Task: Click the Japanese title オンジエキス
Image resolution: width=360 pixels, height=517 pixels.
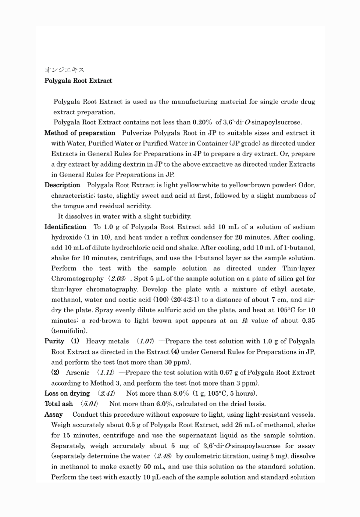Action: click(x=64, y=70)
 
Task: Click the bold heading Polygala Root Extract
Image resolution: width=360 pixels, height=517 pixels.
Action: click(x=78, y=81)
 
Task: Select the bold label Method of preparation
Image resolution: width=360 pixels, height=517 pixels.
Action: click(x=80, y=133)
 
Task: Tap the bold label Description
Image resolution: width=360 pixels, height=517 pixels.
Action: click(x=62, y=185)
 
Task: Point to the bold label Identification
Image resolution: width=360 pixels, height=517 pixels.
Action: click(x=65, y=227)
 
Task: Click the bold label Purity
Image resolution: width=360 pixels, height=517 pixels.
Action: click(x=54, y=341)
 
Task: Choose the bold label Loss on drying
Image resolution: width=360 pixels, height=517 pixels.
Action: click(x=67, y=393)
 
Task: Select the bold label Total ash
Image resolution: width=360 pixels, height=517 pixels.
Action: click(x=59, y=404)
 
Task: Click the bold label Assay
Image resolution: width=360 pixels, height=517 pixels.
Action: click(x=54, y=415)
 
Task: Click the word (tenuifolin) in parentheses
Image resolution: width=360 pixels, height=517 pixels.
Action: click(x=69, y=331)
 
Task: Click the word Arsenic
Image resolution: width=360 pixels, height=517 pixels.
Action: click(x=78, y=373)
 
